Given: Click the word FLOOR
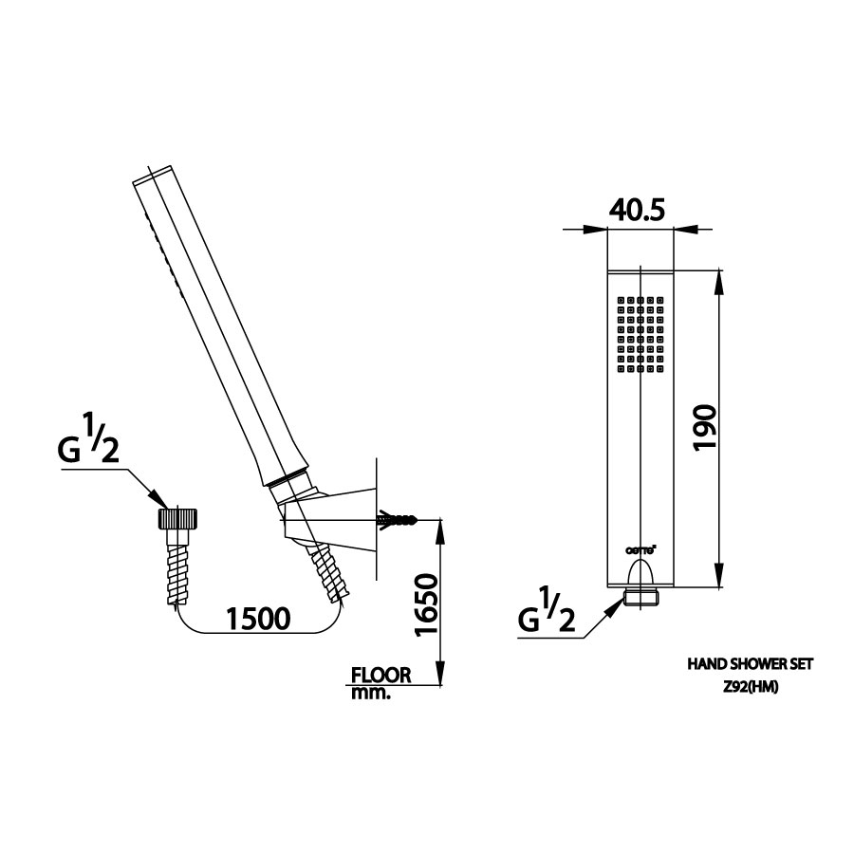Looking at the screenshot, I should click(x=381, y=676).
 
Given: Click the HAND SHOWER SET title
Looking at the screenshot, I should click(x=750, y=667).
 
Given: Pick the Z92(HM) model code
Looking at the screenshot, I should click(x=750, y=689).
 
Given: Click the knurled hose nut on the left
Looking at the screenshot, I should click(x=176, y=519).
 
